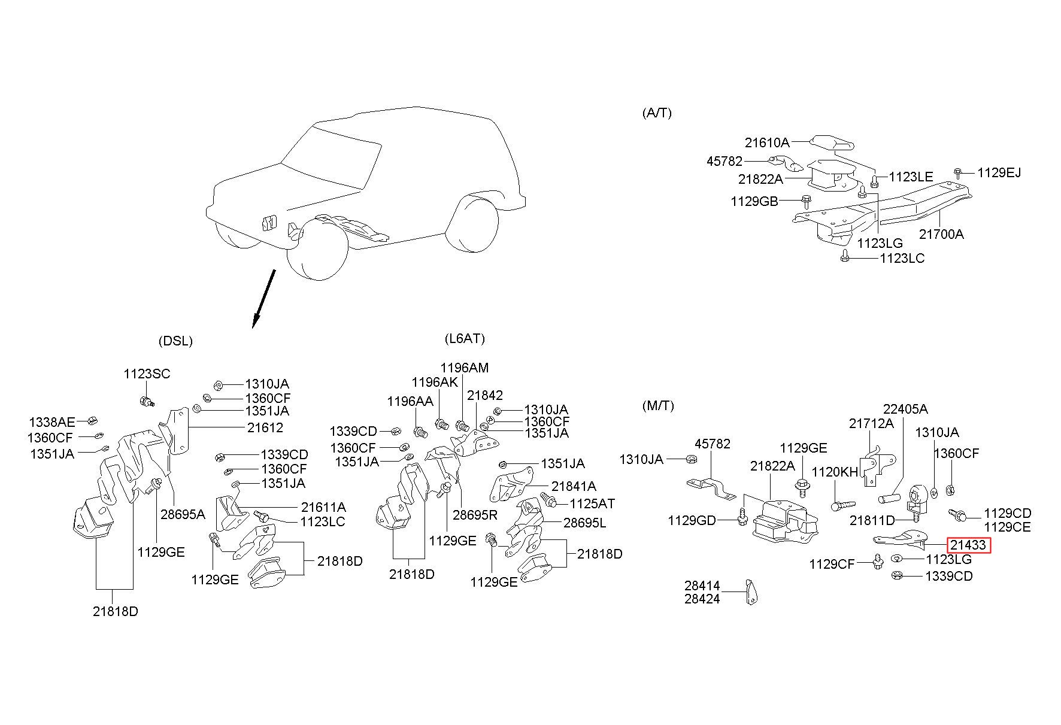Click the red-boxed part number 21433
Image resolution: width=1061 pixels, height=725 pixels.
coord(968,545)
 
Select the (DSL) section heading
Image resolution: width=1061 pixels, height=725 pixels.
coord(175,341)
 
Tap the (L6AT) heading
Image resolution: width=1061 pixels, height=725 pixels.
coord(465,339)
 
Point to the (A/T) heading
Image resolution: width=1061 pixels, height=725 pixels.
coord(657,113)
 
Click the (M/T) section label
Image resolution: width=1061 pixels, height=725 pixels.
coord(657,406)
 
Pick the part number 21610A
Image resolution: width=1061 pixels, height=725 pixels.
coord(767,143)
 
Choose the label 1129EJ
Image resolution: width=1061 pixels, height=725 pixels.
coord(999,173)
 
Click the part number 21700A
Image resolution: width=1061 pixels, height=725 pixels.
coord(941,234)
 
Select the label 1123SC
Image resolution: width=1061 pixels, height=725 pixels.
coord(147,374)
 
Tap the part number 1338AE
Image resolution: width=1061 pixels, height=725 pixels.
coord(52,422)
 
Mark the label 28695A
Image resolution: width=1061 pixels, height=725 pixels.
coord(183,514)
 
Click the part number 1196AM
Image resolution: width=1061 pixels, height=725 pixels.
coord(465,368)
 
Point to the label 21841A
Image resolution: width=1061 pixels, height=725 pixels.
coord(574,487)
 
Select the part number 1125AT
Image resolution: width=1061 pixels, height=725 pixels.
coord(592,504)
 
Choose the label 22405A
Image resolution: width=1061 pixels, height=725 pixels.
coord(905,409)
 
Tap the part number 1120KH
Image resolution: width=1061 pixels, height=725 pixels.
coord(835,472)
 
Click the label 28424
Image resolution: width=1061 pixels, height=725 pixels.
coord(702,599)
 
